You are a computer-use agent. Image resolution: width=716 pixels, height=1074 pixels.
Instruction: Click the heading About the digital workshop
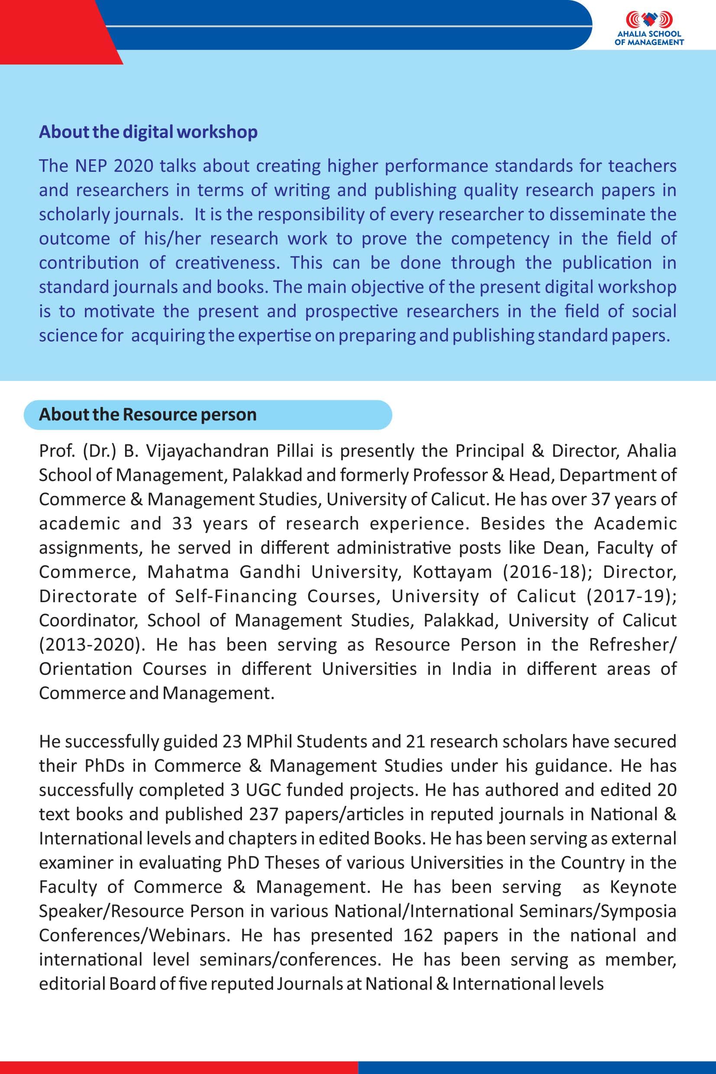coord(148,132)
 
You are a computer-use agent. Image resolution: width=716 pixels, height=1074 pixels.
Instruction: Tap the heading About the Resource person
coord(148,415)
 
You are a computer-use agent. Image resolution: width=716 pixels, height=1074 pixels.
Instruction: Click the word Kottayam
coord(452,572)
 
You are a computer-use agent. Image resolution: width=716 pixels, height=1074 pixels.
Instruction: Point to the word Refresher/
coord(632,644)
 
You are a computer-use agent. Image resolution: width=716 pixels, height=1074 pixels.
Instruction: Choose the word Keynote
coord(643,887)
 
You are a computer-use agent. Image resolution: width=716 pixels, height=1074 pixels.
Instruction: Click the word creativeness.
coord(226,263)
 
